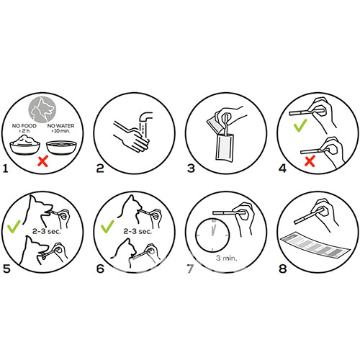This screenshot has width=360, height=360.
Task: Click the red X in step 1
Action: [43, 161]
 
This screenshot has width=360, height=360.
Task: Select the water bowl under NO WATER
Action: [61, 147]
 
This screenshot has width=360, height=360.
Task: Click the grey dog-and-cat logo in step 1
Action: [42, 109]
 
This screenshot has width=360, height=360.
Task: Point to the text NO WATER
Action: [60, 125]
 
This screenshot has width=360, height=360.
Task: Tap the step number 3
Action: [191, 168]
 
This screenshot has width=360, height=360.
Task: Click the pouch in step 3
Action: [225, 148]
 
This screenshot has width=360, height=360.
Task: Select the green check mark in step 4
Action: [300, 125]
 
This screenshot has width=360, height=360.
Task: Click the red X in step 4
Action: [310, 161]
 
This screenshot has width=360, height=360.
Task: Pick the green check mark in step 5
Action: [14, 226]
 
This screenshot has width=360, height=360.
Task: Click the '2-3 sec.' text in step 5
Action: [47, 231]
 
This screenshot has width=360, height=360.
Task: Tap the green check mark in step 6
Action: [107, 226]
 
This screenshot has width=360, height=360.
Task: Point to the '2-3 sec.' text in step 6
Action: [138, 231]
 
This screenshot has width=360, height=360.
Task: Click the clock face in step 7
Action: [212, 235]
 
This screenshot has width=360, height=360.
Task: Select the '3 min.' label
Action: [226, 258]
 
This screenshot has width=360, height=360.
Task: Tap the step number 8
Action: [283, 269]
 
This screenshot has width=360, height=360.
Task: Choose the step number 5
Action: [6, 269]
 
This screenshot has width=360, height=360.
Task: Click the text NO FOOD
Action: [24, 125]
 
